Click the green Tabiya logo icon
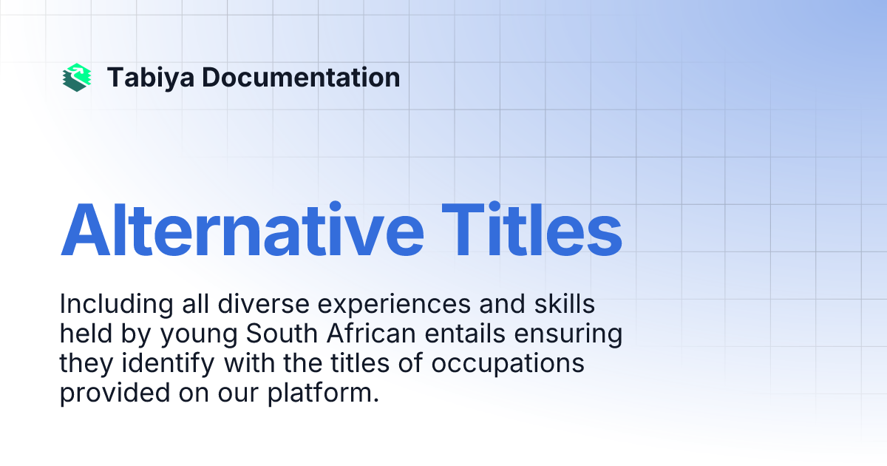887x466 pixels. point(77,78)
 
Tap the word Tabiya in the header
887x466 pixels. point(150,78)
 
